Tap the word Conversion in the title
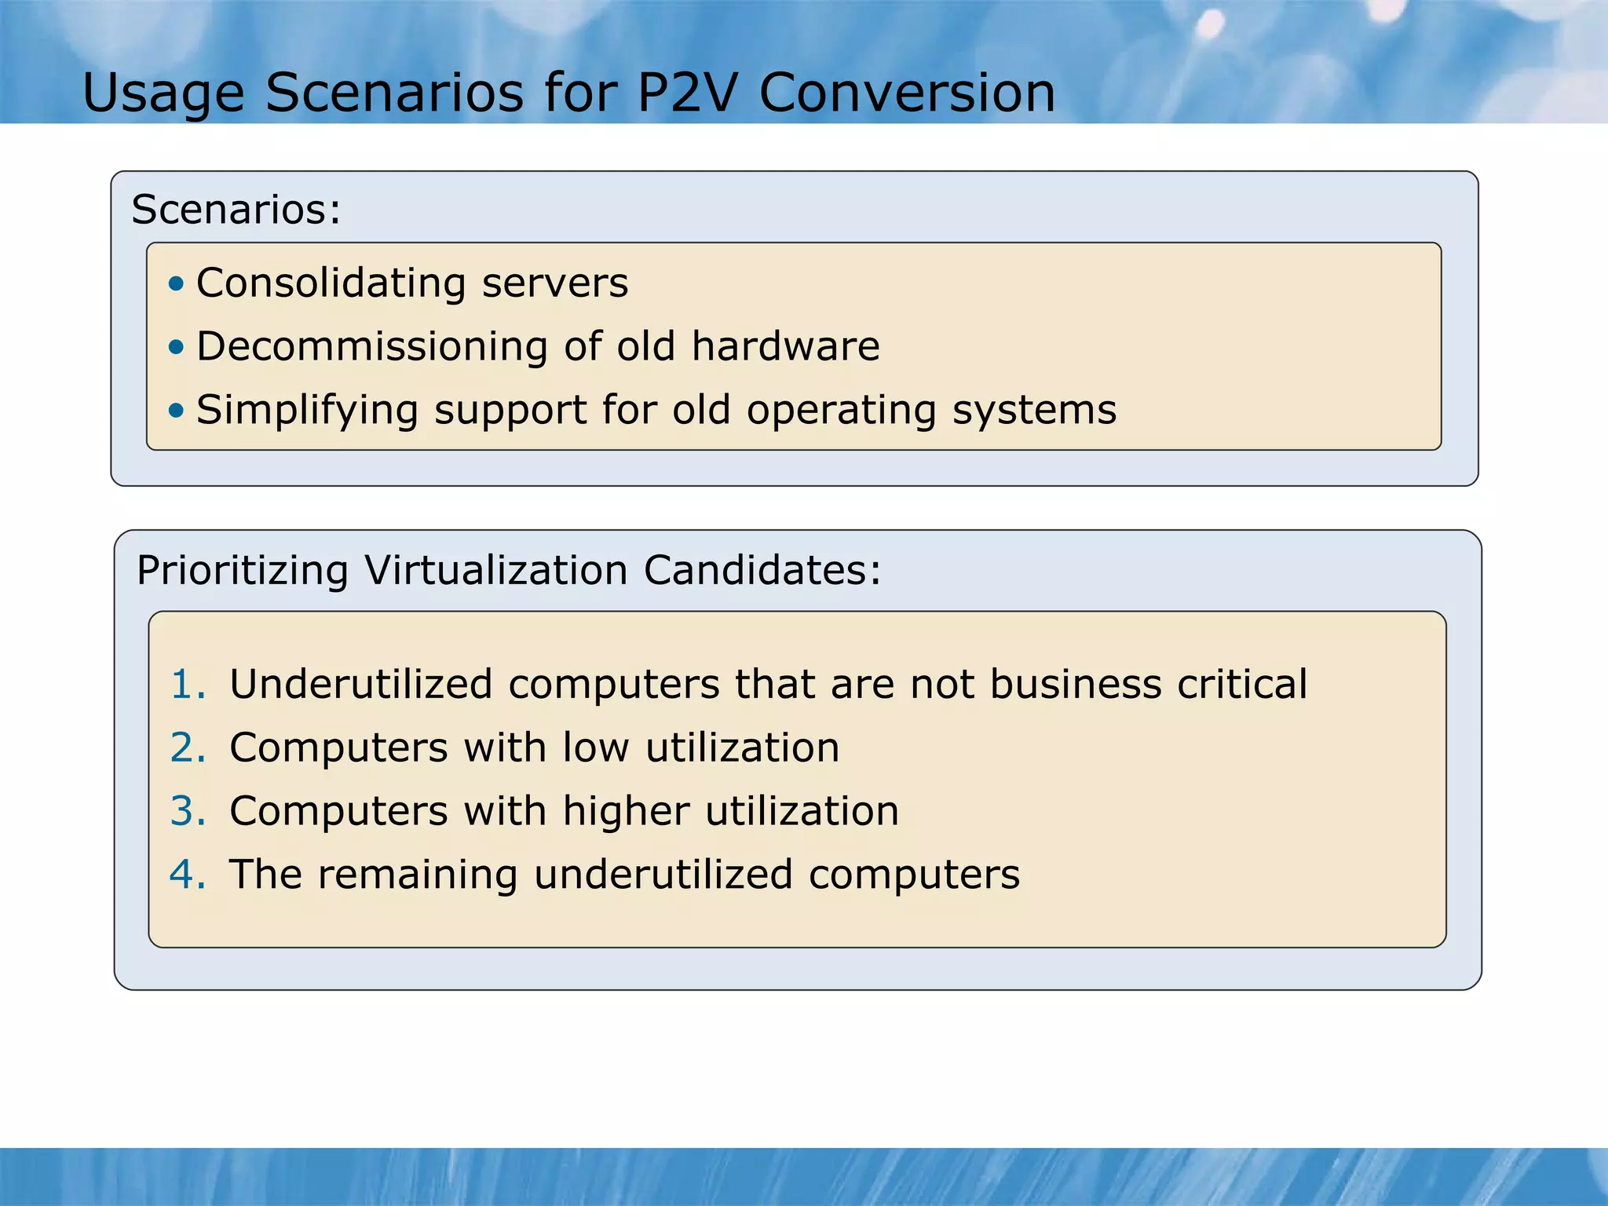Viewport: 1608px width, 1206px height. pyautogui.click(x=907, y=93)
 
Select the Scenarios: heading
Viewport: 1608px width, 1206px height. pyautogui.click(x=236, y=210)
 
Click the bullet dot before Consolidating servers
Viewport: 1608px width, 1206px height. pyautogui.click(x=177, y=283)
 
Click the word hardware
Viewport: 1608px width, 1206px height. pyautogui.click(x=785, y=347)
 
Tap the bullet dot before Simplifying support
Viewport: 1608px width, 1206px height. pyautogui.click(x=177, y=410)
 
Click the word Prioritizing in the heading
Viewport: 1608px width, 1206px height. pyautogui.click(x=242, y=571)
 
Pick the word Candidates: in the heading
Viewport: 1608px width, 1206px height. pyautogui.click(x=762, y=570)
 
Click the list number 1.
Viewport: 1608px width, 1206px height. pyautogui.click(x=187, y=684)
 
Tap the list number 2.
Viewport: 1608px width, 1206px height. pyautogui.click(x=187, y=747)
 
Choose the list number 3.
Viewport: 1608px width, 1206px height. pyautogui.click(x=187, y=811)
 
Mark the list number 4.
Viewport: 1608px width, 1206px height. pyautogui.click(x=187, y=875)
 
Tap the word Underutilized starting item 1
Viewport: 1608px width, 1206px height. pyautogui.click(x=360, y=684)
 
